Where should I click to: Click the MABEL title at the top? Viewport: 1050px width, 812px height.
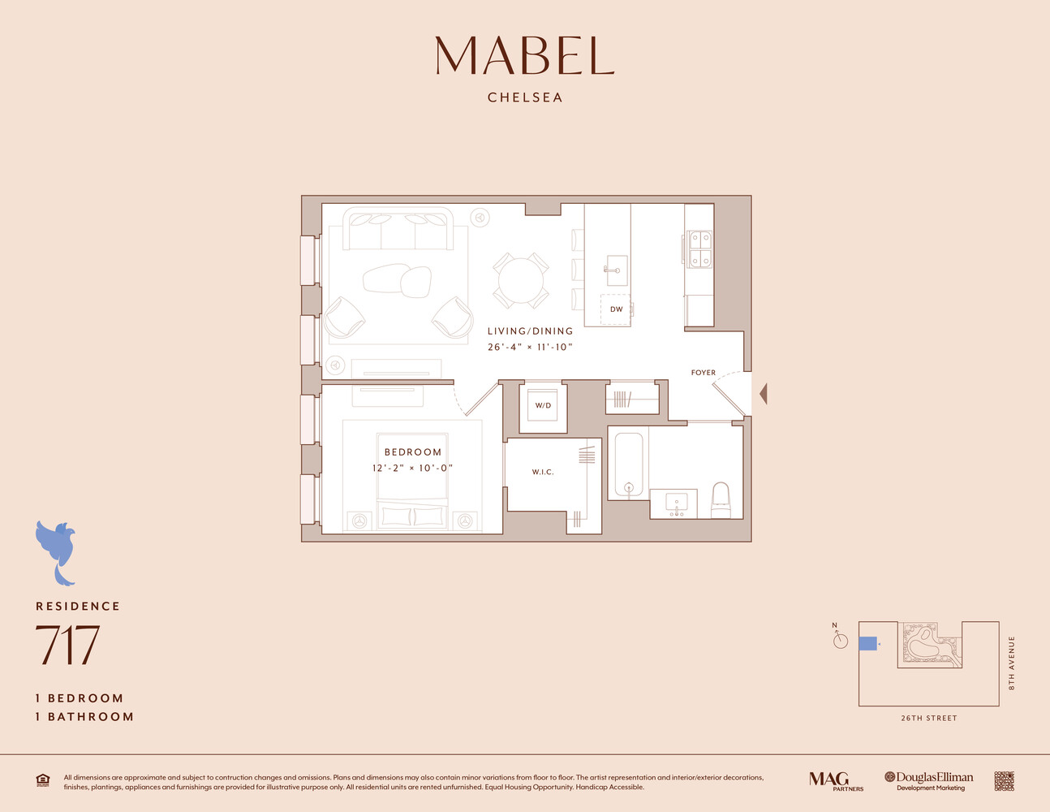click(525, 55)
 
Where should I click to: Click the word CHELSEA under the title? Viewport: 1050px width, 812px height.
click(525, 97)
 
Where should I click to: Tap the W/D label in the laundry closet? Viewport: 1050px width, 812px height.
click(543, 405)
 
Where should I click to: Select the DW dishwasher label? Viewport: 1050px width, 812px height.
click(616, 309)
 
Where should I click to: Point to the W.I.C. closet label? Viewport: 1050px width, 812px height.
click(543, 472)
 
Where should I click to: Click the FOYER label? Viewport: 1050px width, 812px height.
click(703, 373)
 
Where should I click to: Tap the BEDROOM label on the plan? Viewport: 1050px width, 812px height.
click(413, 452)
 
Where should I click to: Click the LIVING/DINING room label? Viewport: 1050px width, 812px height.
click(530, 331)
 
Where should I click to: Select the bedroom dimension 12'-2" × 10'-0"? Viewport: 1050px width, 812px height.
click(412, 468)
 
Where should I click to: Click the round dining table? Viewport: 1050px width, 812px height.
click(521, 280)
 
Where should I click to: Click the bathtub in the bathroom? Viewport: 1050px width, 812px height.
click(628, 464)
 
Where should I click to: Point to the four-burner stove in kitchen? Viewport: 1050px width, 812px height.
click(699, 249)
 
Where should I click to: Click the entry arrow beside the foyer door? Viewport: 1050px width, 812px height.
click(763, 394)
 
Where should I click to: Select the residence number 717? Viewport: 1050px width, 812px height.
click(67, 644)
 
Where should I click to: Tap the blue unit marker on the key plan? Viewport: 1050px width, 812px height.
click(867, 644)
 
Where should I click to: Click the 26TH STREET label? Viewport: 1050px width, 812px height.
click(929, 719)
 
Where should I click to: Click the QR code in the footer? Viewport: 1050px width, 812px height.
click(1004, 781)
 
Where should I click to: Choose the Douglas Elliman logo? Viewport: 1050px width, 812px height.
click(929, 780)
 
